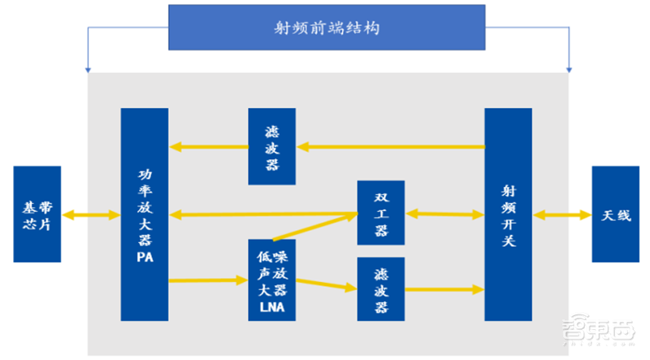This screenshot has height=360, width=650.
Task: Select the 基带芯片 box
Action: [37, 215]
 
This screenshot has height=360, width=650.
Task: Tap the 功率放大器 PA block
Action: [144, 215]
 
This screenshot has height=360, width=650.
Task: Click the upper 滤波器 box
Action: [273, 146]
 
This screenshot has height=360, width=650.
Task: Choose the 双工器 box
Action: [381, 215]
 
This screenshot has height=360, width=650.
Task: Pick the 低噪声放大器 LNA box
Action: [272, 280]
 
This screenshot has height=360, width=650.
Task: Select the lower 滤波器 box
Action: [381, 288]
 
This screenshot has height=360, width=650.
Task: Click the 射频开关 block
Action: [508, 215]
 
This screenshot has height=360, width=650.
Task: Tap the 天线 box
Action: [615, 215]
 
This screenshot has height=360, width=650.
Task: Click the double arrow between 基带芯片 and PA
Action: [90, 215]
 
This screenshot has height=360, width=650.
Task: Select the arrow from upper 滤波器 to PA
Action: [209, 147]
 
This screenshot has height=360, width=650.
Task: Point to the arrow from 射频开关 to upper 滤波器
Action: [391, 147]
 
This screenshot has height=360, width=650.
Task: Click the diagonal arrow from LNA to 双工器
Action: [315, 227]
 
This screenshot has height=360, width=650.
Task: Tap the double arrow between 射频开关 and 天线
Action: [562, 215]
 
